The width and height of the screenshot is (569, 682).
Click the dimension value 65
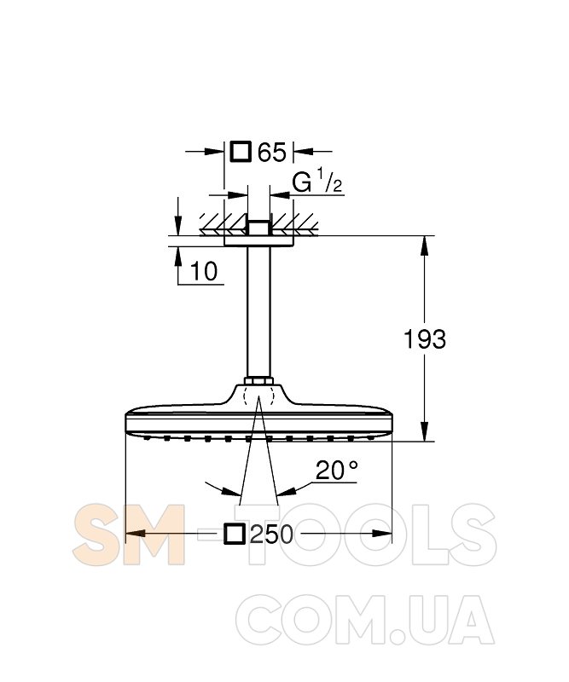coord(271,153)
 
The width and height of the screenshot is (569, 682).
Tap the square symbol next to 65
coord(241,152)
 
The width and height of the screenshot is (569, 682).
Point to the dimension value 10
coord(204,271)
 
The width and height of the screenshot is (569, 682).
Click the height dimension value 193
coord(425,339)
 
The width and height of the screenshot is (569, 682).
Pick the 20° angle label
coord(336,471)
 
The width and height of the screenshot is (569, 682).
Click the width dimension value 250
coord(271,535)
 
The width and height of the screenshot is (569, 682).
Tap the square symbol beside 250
coord(235,534)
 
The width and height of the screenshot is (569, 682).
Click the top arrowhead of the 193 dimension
coord(425,246)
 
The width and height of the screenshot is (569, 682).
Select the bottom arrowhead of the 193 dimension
coord(425,432)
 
